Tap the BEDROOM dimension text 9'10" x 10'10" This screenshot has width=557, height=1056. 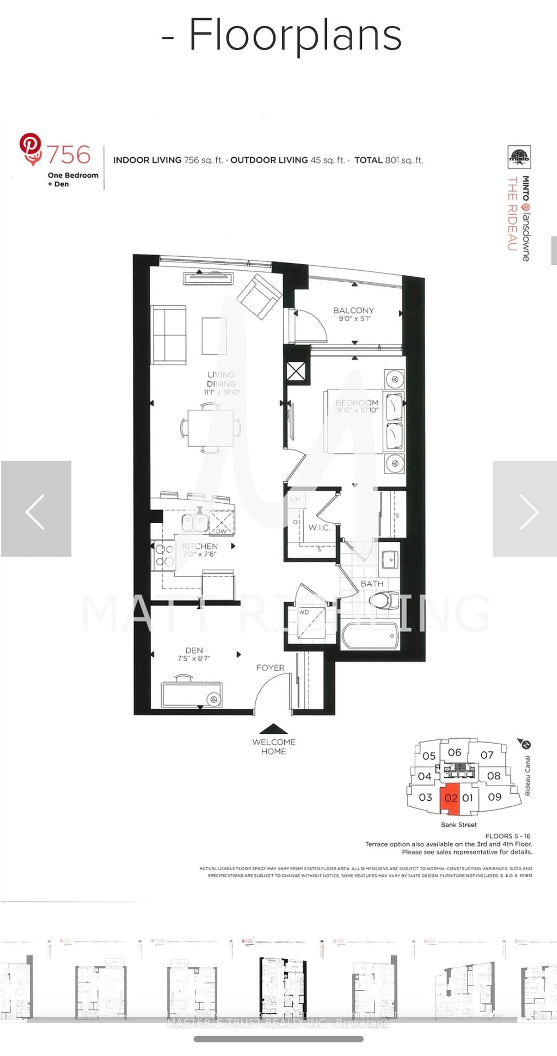click(x=357, y=410)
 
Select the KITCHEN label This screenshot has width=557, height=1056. click(x=200, y=546)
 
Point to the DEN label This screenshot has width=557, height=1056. click(x=194, y=650)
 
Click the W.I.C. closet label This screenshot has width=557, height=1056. click(x=319, y=528)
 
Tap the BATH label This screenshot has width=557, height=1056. click(x=372, y=583)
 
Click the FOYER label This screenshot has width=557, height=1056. click(x=270, y=668)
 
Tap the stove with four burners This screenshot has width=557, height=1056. click(x=164, y=555)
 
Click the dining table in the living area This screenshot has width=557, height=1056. click(x=210, y=428)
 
